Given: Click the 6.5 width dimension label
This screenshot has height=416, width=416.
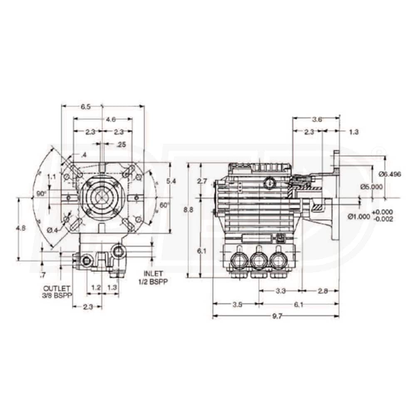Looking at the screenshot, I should [x=86, y=107].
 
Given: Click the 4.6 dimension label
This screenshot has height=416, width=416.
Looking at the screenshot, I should [x=110, y=120].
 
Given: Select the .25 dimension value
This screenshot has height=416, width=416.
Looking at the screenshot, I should [x=121, y=144].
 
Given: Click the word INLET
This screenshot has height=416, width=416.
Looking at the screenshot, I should [x=152, y=274].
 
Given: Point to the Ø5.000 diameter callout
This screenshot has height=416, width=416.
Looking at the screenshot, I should [x=371, y=187].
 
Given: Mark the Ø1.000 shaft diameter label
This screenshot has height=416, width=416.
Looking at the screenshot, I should [x=360, y=216].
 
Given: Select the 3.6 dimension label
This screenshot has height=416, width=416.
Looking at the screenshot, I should [x=317, y=119].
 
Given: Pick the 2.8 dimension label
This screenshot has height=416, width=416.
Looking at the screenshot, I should [x=322, y=291].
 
